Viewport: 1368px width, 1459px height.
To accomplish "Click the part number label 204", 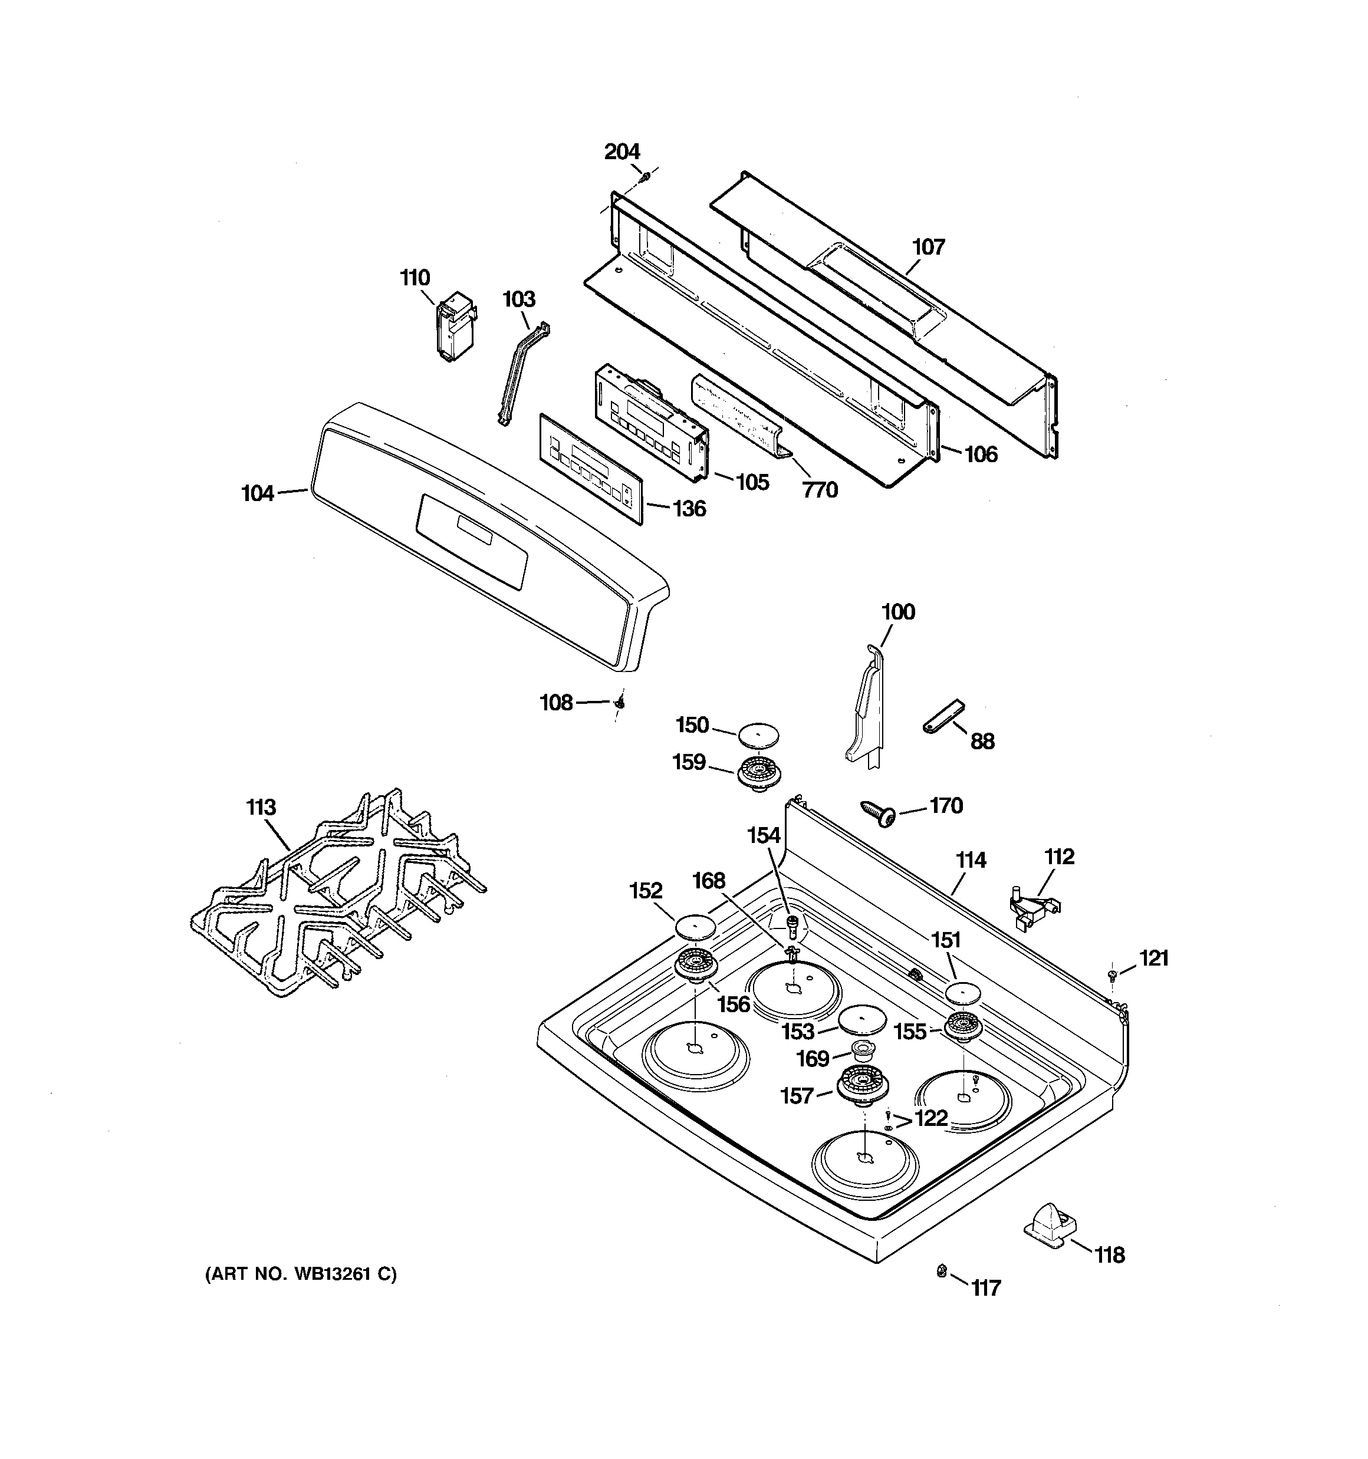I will point(622,152).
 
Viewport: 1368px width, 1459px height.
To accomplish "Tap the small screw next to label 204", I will point(644,177).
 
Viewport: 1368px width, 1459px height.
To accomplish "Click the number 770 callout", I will point(820,489).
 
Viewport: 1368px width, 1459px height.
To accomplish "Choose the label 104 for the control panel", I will point(258,493).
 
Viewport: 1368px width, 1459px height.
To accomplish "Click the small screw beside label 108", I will point(620,703).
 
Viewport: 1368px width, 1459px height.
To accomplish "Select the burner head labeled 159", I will point(758,773).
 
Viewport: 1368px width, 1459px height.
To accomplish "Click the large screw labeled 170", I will point(878,813).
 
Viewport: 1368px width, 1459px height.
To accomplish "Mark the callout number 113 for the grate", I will point(261,807).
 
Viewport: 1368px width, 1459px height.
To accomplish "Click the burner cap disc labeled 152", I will point(695,926).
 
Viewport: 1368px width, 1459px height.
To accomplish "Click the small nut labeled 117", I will point(941,1270).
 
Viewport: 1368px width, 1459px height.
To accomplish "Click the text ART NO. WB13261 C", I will point(300,1274).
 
